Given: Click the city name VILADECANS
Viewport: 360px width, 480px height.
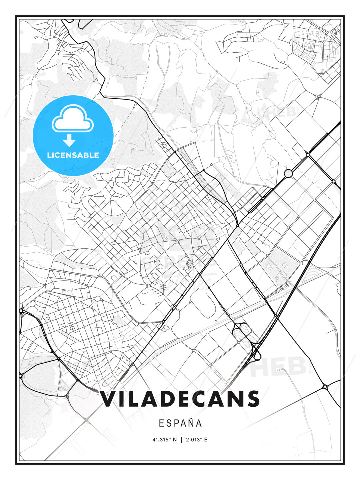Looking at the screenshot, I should (x=180, y=399).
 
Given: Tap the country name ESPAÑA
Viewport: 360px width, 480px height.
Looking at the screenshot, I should (x=180, y=423).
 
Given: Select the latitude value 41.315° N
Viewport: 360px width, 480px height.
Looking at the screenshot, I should (x=165, y=440).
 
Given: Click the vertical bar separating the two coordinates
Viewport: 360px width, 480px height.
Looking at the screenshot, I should (x=181, y=440).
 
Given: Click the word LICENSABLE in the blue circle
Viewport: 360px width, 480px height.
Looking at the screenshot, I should (x=73, y=155).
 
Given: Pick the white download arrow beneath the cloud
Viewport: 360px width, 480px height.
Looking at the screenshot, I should (x=69, y=140).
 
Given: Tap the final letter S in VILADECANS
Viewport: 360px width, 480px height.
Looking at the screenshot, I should (x=252, y=399).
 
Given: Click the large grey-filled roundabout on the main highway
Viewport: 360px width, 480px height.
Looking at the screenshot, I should (x=288, y=173).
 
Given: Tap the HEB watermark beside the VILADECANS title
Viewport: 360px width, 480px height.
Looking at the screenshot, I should (x=278, y=367).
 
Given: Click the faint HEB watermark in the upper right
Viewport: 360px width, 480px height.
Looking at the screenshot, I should (x=282, y=112).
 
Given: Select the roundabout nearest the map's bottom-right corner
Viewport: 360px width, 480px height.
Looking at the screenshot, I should (x=325, y=387).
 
